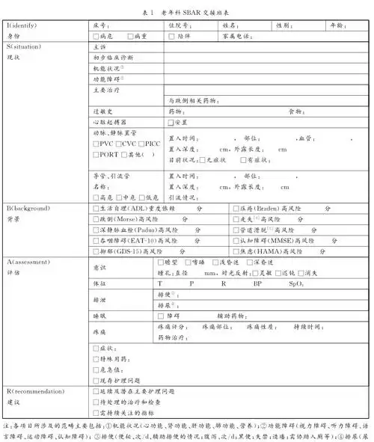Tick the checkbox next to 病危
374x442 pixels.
tap(95, 35)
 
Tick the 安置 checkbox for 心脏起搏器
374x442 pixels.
tap(171, 121)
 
